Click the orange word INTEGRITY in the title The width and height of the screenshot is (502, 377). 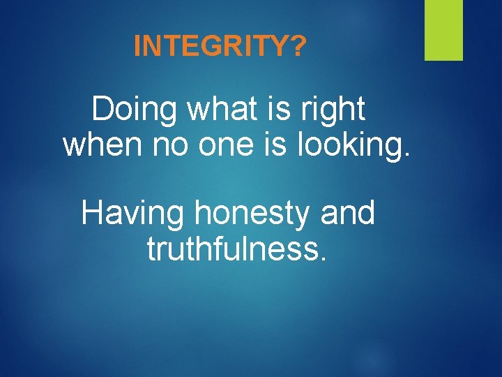pos(211,47)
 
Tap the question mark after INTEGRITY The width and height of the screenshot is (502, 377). pos(298,47)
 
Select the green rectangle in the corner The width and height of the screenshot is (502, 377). pos(443,30)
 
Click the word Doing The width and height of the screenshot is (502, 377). pos(132,110)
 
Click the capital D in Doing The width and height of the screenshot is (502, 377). pos(103,109)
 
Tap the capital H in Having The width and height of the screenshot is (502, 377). pos(92,213)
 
